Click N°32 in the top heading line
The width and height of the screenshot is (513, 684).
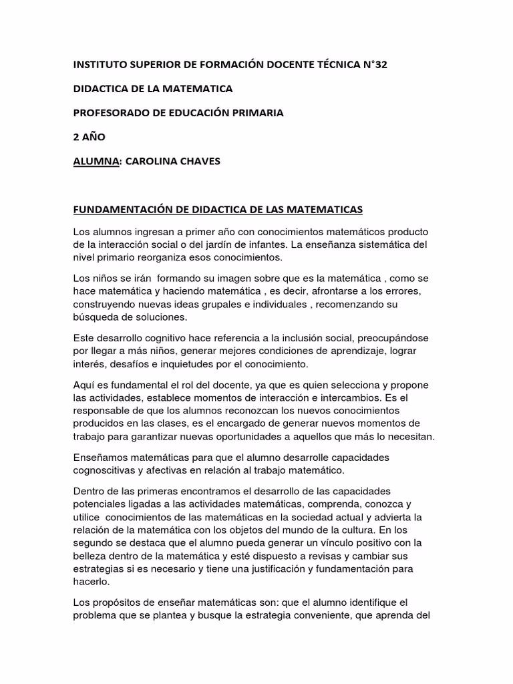coord(372,65)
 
